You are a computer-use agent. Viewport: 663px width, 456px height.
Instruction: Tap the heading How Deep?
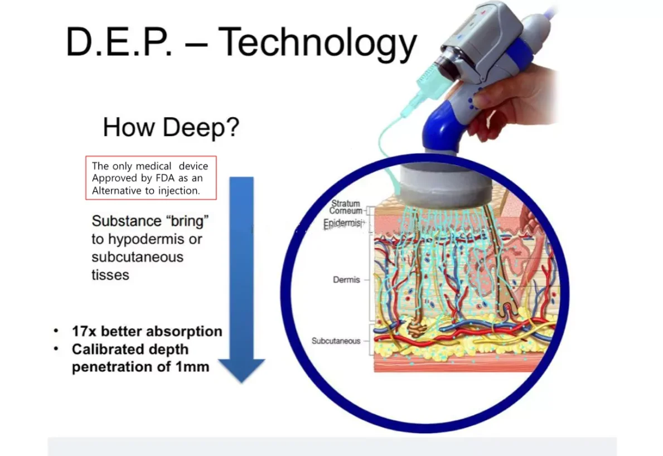pyautogui.click(x=171, y=127)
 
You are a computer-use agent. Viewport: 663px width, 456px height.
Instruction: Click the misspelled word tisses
pyautogui.click(x=110, y=275)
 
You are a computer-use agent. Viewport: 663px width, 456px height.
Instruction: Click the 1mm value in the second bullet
pyautogui.click(x=192, y=366)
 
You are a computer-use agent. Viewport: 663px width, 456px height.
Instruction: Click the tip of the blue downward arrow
pyautogui.click(x=241, y=383)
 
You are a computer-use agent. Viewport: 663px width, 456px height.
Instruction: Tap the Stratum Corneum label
pyautogui.click(x=346, y=207)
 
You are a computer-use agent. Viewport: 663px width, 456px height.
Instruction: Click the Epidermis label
pyautogui.click(x=343, y=223)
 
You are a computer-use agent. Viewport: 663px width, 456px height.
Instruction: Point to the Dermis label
pyautogui.click(x=346, y=280)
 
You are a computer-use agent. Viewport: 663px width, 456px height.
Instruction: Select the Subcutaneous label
pyautogui.click(x=336, y=341)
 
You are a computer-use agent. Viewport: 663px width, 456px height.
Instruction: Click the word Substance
pyautogui.click(x=126, y=221)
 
